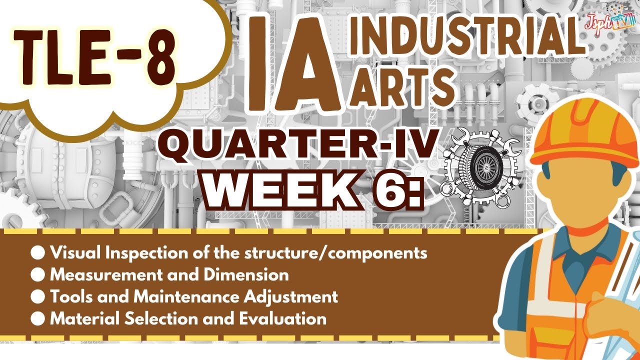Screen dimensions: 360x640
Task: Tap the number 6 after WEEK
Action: pos(391,190)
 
